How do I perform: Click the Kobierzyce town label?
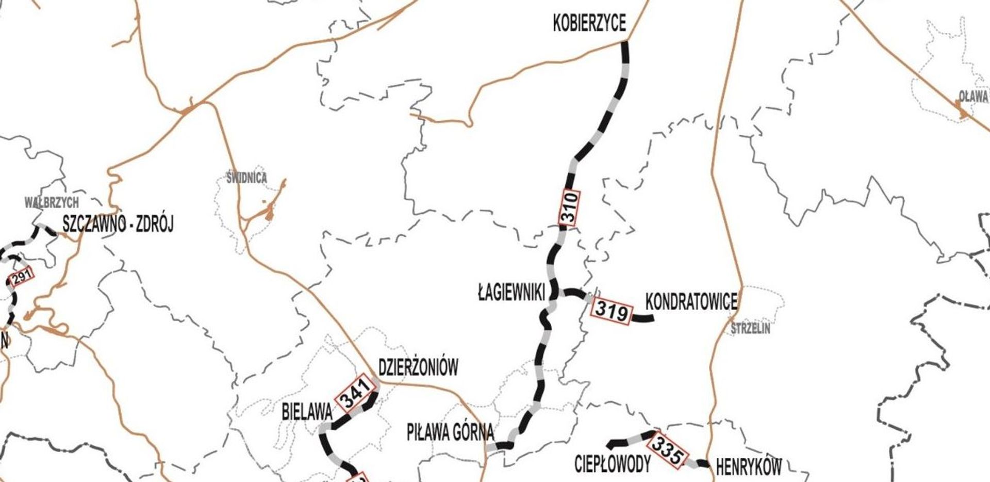click(589, 24)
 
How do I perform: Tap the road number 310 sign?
click(569, 207)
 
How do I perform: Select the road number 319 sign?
click(612, 311)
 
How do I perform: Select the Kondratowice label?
click(691, 302)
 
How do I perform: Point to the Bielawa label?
click(307, 412)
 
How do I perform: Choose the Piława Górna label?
click(450, 432)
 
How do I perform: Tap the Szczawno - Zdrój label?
click(118, 224)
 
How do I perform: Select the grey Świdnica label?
click(247, 179)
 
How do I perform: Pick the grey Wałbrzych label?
click(52, 202)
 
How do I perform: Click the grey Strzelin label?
click(750, 329)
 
